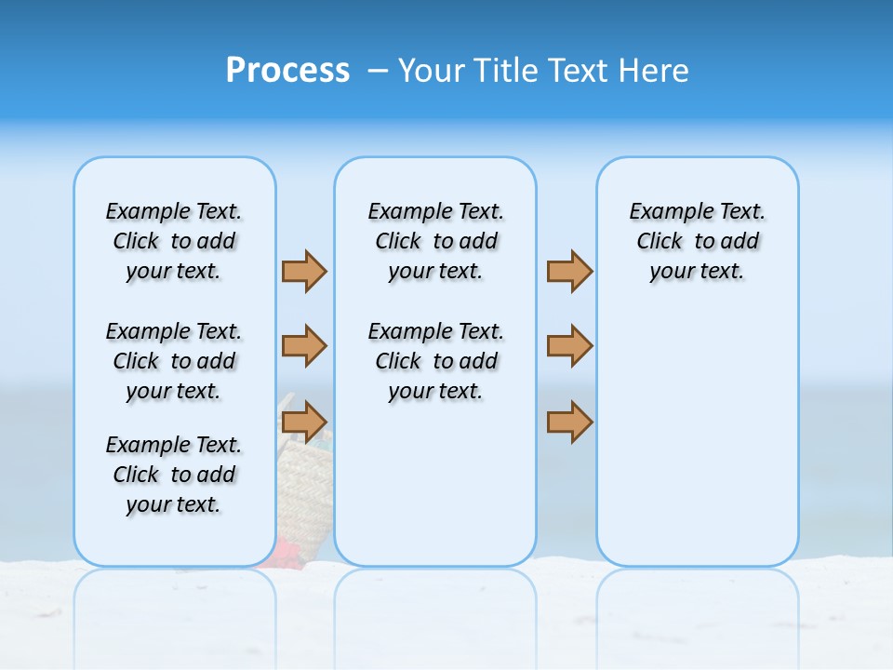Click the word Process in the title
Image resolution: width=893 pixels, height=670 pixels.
(x=287, y=71)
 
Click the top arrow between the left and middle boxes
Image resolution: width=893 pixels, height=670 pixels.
(x=304, y=272)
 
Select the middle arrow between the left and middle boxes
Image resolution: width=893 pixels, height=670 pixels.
(x=304, y=346)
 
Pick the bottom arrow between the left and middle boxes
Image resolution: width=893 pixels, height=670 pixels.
(x=304, y=422)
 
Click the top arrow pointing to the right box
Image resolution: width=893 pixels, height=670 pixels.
(x=569, y=272)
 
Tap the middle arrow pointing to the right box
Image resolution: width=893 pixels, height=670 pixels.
(x=569, y=346)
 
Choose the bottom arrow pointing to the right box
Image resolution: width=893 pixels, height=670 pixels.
(x=569, y=422)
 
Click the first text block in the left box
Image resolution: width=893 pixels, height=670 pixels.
(x=174, y=241)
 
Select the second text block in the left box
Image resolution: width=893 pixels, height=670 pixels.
(x=174, y=361)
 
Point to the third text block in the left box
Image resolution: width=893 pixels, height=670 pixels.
(x=174, y=475)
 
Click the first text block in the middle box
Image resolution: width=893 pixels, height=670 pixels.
(x=435, y=241)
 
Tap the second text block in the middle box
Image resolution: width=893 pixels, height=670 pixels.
(x=435, y=361)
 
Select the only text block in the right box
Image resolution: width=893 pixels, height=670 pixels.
(x=697, y=241)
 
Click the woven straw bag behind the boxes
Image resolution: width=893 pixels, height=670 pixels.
(x=305, y=484)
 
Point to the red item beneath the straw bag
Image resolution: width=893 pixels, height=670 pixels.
(x=285, y=555)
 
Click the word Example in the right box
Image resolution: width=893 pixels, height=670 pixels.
(x=664, y=212)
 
